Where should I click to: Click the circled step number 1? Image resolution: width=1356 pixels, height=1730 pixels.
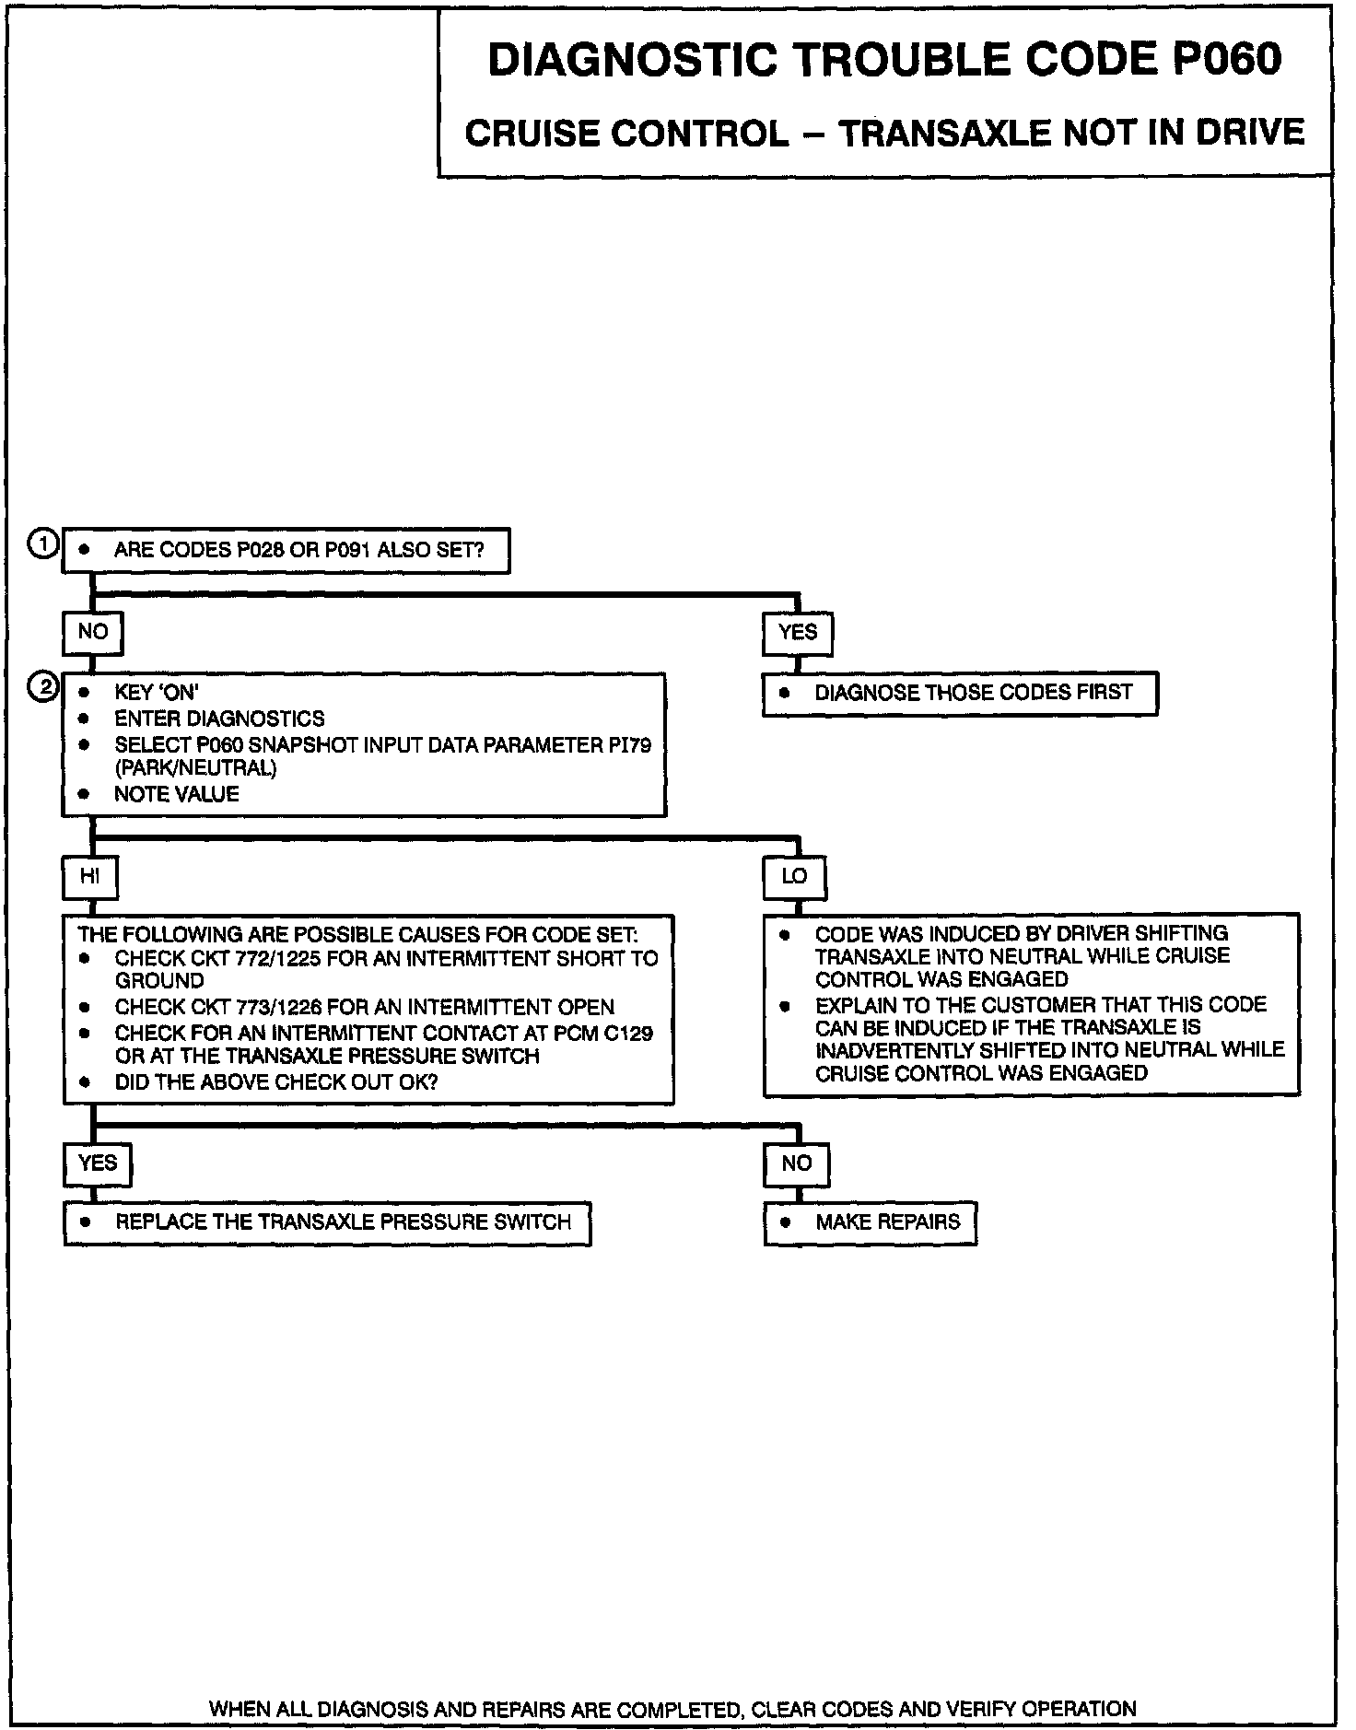click(x=43, y=544)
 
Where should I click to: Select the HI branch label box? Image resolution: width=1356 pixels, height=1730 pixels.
click(x=89, y=877)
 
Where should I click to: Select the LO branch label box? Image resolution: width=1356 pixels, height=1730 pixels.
click(x=794, y=877)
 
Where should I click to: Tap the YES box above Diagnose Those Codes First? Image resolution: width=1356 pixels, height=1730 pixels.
click(x=797, y=633)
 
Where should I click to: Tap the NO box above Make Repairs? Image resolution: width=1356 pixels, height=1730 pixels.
click(x=796, y=1163)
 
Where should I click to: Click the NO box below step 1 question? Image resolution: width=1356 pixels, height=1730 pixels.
click(x=92, y=633)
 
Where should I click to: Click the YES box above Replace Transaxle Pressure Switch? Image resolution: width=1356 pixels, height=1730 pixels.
click(x=98, y=1163)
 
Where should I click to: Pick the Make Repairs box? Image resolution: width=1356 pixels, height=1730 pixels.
click(x=870, y=1223)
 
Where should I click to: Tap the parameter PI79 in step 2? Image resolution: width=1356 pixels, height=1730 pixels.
click(x=629, y=744)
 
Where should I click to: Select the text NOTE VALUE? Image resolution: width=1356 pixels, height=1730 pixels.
click(x=176, y=794)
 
